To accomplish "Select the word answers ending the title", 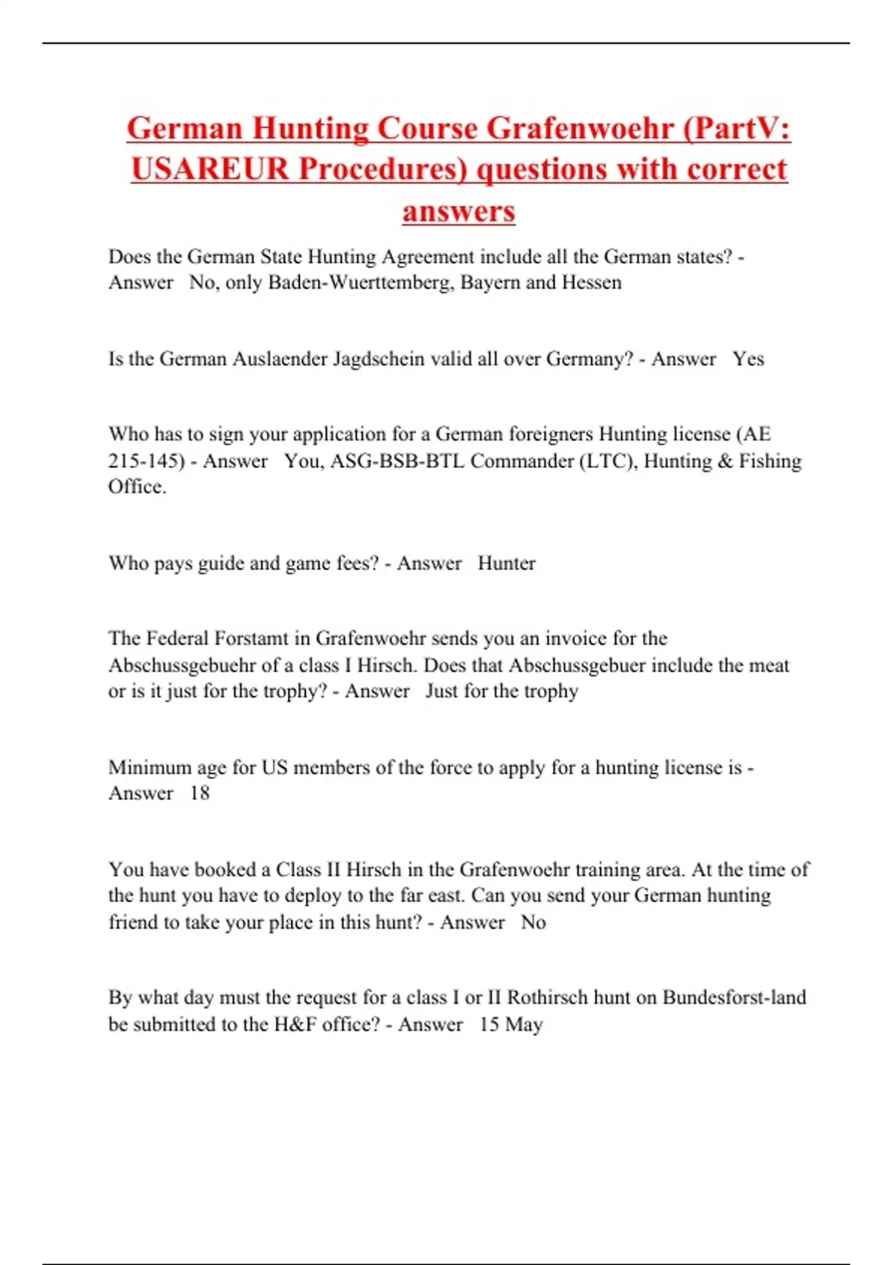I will point(458,211).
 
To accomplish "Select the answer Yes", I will point(748,359).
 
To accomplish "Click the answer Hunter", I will point(506,563).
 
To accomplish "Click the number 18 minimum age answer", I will point(199,793).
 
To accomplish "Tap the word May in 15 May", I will point(524,1025).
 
